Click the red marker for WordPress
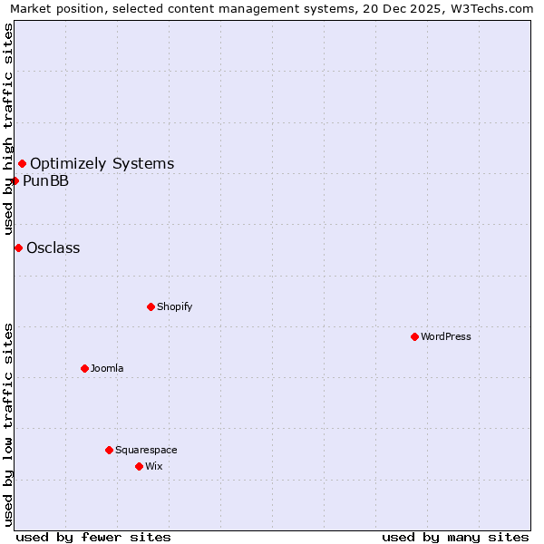(x=414, y=336)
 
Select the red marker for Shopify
(x=151, y=306)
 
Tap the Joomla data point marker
(x=84, y=368)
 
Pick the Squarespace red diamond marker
(x=109, y=450)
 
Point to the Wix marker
(x=139, y=466)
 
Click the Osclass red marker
(x=18, y=248)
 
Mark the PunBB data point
(x=15, y=180)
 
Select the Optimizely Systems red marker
(x=22, y=163)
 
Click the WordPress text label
(x=446, y=336)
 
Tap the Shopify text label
(x=175, y=306)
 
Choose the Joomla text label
(x=107, y=368)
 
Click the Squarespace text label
(x=146, y=450)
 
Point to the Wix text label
(x=153, y=466)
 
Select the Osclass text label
(x=53, y=248)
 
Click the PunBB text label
(x=45, y=181)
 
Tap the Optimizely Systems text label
(x=102, y=164)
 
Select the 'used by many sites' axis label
(x=455, y=537)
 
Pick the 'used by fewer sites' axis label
(x=93, y=537)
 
